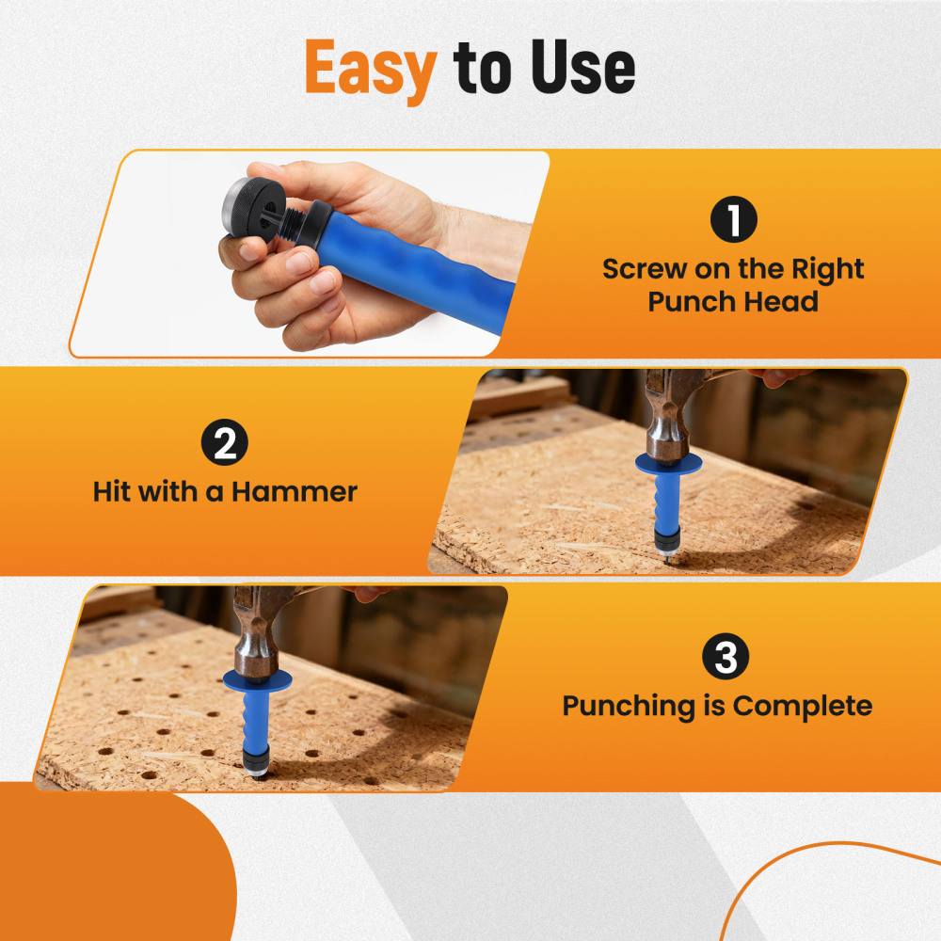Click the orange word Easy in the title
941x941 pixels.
(371, 68)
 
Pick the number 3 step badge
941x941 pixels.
(726, 659)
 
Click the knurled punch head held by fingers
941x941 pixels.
(250, 205)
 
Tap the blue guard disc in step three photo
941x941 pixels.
(257, 679)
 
